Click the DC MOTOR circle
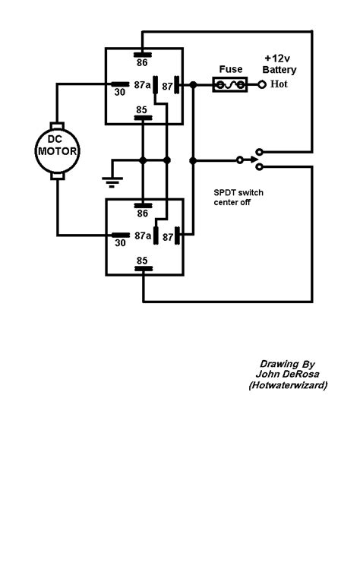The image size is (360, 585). [x=58, y=147]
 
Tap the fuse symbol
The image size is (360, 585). [x=231, y=85]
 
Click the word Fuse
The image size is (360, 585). [x=231, y=68]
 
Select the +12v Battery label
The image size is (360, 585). [x=280, y=64]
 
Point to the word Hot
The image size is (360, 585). [x=279, y=85]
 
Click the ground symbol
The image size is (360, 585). [x=112, y=181]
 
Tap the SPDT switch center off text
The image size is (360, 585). [x=238, y=198]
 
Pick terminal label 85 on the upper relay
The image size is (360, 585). [x=142, y=109]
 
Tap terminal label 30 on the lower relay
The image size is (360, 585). [x=120, y=244]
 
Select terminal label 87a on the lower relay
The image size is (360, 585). [x=142, y=236]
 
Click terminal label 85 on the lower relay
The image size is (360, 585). [x=142, y=260]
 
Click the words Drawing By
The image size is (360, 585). [x=286, y=364]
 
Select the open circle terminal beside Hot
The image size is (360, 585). [x=262, y=85]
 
